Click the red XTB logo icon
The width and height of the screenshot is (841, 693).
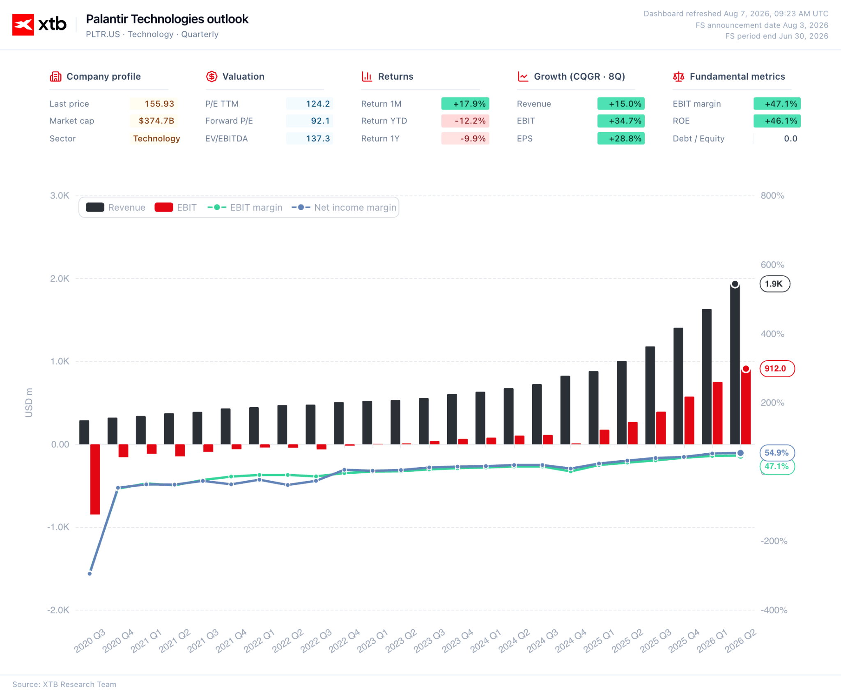(23, 25)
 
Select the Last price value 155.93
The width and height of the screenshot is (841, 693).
(159, 104)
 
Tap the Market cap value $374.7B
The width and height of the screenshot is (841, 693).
(156, 121)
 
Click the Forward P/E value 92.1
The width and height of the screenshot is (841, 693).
(320, 121)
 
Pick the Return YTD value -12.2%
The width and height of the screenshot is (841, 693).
(470, 121)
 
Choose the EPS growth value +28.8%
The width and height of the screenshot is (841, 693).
(625, 139)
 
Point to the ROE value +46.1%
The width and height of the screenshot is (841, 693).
(781, 121)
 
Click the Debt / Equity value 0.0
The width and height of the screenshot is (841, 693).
(790, 139)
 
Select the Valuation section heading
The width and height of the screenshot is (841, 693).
(243, 76)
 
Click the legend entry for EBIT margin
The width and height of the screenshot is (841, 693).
(245, 207)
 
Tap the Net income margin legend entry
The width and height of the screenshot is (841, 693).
(344, 207)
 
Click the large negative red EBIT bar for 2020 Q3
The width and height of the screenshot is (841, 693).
(95, 479)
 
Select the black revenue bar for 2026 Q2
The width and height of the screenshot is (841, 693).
(735, 364)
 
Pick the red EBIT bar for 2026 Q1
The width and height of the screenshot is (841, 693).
(717, 413)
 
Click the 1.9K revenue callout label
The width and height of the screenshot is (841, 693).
(775, 284)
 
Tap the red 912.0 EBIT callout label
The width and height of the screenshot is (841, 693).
(777, 369)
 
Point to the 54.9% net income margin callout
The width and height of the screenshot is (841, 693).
(777, 453)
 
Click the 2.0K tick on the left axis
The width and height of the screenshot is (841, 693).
(60, 279)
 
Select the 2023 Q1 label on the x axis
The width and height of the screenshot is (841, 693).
(372, 641)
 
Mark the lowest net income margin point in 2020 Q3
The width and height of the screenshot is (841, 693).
(90, 574)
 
